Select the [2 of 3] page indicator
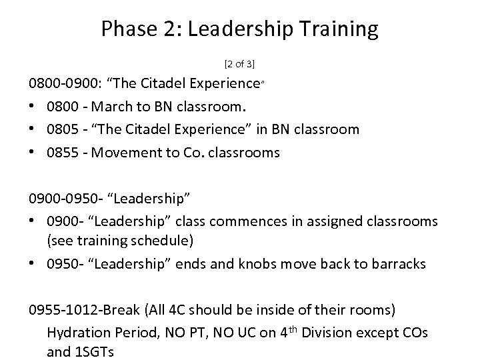pos(240,65)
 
